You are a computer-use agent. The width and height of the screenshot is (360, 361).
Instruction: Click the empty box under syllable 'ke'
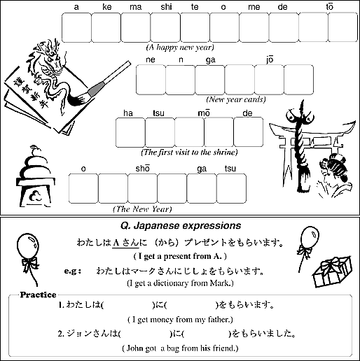pyautogui.click(x=106, y=28)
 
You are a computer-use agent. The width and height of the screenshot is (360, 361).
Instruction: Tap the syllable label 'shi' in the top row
pyautogui.click(x=166, y=7)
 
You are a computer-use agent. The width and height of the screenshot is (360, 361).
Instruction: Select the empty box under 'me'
pyautogui.click(x=254, y=28)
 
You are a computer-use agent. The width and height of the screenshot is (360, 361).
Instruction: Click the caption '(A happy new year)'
pyautogui.click(x=180, y=48)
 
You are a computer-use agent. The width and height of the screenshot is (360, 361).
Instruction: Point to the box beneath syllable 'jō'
pyautogui.click(x=270, y=80)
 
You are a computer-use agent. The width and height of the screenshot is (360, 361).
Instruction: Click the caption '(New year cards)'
pyautogui.click(x=236, y=99)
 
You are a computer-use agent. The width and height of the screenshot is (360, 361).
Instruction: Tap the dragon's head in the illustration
pyautogui.click(x=53, y=58)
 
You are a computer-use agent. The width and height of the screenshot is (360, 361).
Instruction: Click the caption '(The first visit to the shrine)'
pyautogui.click(x=189, y=153)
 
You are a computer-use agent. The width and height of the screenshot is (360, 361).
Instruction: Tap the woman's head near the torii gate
pyautogui.click(x=334, y=167)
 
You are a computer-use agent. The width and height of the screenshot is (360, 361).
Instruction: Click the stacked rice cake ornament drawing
pyautogui.click(x=36, y=176)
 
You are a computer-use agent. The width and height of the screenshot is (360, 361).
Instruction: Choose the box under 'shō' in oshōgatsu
pyautogui.click(x=142, y=188)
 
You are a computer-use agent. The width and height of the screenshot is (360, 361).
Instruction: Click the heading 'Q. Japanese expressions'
pyautogui.click(x=181, y=225)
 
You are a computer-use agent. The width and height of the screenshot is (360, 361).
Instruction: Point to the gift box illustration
pyautogui.click(x=332, y=271)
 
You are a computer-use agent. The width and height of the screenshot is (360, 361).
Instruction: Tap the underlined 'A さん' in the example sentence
pyautogui.click(x=126, y=243)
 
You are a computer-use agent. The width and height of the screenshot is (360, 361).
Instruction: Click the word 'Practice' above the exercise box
pyautogui.click(x=38, y=295)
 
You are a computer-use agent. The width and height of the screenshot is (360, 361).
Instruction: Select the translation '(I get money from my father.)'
pyautogui.click(x=180, y=319)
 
